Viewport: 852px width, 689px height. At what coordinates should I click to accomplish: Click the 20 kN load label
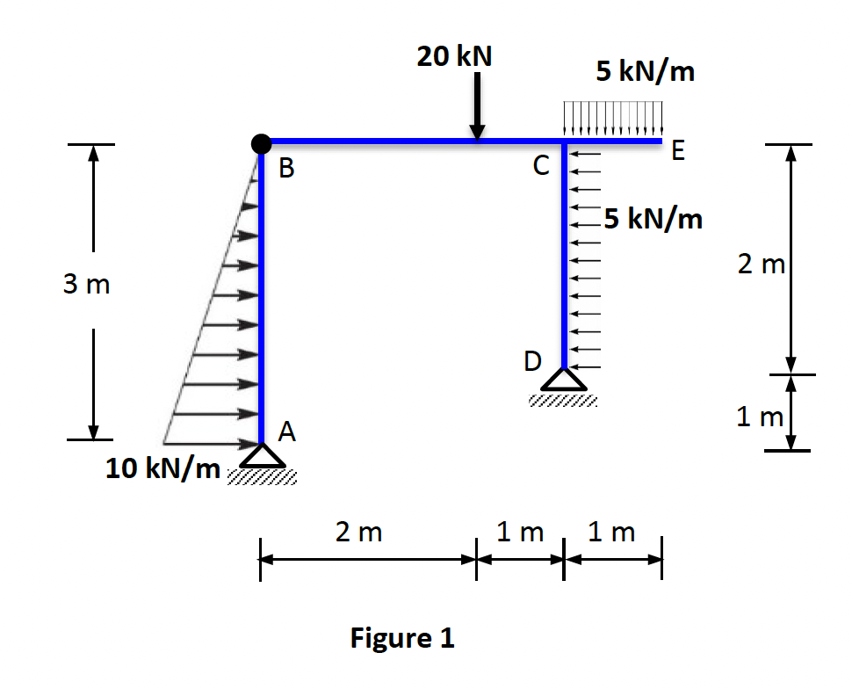pos(454,56)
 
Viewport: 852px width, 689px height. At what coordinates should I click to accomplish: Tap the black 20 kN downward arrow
pos(477,105)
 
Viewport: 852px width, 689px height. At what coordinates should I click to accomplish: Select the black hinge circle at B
pos(260,142)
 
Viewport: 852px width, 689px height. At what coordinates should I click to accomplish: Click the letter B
pos(286,169)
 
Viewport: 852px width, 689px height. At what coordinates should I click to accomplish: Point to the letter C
pos(541,164)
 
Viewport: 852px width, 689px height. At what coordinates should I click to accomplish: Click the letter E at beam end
pos(675,153)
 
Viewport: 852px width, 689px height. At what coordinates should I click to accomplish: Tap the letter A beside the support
pos(287,431)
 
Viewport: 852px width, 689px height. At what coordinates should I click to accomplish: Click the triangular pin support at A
pos(262,455)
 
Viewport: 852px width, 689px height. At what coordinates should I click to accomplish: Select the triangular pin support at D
pos(563,379)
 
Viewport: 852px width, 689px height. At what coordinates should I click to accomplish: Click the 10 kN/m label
pos(163,469)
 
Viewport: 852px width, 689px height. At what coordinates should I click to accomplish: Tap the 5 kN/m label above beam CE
pos(645,72)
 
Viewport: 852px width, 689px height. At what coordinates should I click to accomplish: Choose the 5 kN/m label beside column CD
pos(653,218)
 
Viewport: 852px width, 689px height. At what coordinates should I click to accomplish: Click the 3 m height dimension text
pos(87,286)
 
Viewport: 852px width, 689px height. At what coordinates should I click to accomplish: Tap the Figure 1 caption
pos(402,637)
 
